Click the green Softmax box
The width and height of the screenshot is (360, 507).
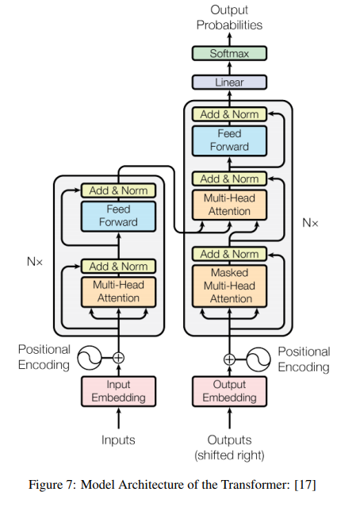coord(229,53)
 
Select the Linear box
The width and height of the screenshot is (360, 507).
coord(229,83)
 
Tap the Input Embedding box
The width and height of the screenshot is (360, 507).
coord(119,391)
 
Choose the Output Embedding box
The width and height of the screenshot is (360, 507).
coord(229,391)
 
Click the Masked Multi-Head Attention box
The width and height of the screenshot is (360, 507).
coord(229,286)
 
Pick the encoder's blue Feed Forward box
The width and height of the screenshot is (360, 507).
coord(119,217)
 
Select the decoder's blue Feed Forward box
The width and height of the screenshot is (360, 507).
coord(229,141)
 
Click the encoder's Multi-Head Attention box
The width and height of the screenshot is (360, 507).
coord(119,292)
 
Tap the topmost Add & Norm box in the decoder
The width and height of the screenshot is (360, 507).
coord(229,114)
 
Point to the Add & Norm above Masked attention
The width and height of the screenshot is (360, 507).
coord(229,254)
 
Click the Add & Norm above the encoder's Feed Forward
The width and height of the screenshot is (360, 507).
coord(119,190)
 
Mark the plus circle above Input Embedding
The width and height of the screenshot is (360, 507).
coord(119,358)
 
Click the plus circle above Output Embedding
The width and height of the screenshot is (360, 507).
coord(229,359)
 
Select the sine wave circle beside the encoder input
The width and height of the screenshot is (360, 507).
coord(90,358)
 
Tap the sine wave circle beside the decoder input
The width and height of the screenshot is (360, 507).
coord(259,359)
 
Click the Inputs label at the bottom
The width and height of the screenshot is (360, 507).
coord(118,440)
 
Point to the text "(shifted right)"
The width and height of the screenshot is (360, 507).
coord(229,455)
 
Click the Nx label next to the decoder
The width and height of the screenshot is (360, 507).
coord(310,223)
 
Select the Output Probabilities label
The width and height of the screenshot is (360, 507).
coord(229,17)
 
